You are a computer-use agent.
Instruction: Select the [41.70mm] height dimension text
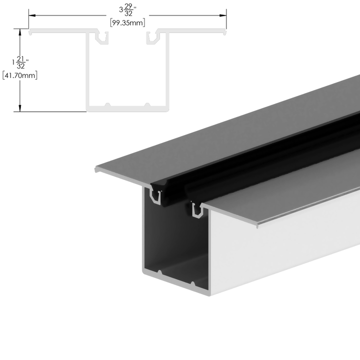tap(20, 76)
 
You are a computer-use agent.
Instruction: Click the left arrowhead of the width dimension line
tap(31, 15)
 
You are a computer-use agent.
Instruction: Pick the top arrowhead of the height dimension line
tap(20, 31)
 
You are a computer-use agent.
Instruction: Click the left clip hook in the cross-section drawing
tap(103, 38)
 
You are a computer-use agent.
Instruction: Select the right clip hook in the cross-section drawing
tap(151, 38)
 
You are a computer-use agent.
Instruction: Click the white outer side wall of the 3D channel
tap(280, 245)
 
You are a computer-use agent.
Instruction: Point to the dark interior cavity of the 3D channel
tap(172, 235)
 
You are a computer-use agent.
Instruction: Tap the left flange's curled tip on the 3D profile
tap(96, 170)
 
